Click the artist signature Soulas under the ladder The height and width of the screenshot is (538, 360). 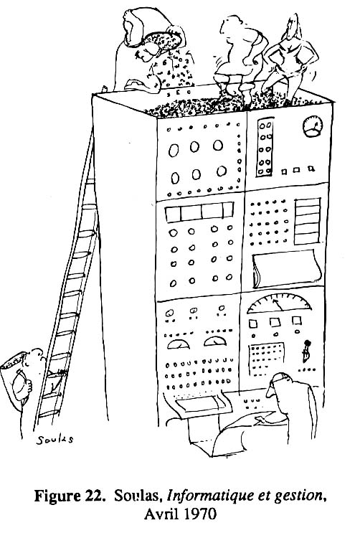[x=55, y=440]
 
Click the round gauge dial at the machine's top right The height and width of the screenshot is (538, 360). [x=313, y=126]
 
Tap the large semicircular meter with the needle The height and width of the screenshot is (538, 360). [x=279, y=303]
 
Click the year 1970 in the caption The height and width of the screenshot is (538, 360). [x=201, y=514]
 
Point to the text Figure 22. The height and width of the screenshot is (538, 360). [x=70, y=496]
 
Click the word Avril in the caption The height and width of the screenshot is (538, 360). [x=162, y=514]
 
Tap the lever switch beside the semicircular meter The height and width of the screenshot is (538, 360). [x=306, y=351]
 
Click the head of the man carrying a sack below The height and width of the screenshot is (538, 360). [x=35, y=359]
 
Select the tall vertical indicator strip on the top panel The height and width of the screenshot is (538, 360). [x=265, y=147]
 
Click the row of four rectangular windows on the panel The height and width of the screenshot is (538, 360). [x=199, y=212]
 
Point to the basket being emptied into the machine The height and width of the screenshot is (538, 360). [x=162, y=41]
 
